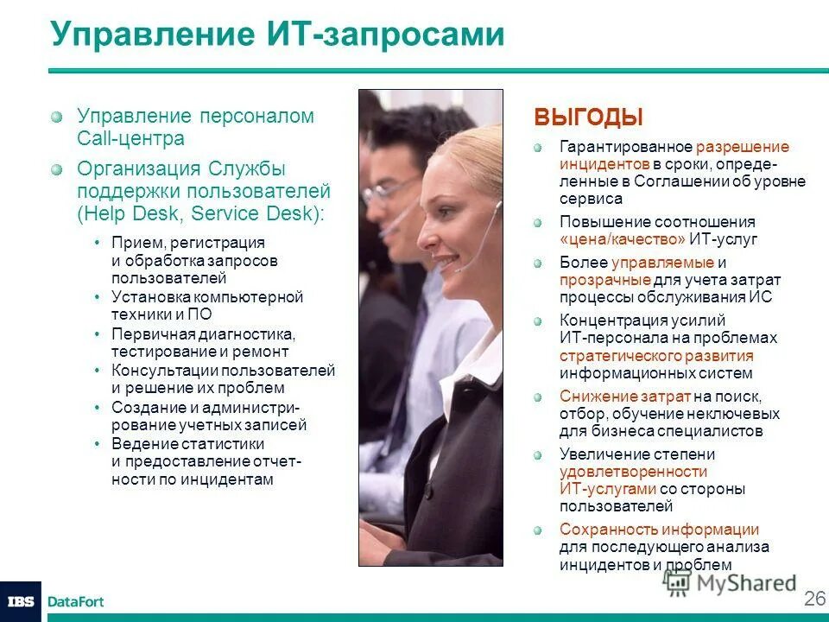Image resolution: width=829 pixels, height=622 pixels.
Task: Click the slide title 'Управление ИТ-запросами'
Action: (x=276, y=35)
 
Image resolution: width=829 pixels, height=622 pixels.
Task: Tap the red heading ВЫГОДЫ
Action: (x=589, y=117)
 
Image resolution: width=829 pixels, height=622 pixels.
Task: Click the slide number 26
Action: (x=814, y=599)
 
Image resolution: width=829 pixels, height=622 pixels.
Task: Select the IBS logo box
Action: (x=20, y=601)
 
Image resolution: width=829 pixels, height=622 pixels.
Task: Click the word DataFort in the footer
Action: (x=76, y=601)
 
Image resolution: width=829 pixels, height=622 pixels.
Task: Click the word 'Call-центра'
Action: (x=131, y=138)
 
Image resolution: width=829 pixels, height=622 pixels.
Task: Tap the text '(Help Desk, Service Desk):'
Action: (x=199, y=212)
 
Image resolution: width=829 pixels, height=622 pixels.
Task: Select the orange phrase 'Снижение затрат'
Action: (x=625, y=397)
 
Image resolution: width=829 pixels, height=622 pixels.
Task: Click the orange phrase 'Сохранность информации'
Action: (x=659, y=530)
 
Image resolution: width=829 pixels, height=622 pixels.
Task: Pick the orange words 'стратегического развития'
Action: (x=656, y=356)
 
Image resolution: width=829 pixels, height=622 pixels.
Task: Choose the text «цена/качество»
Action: (x=623, y=239)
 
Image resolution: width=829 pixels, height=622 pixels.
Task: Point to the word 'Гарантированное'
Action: (x=625, y=147)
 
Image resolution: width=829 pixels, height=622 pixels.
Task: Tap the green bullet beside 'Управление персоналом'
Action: (x=57, y=116)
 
